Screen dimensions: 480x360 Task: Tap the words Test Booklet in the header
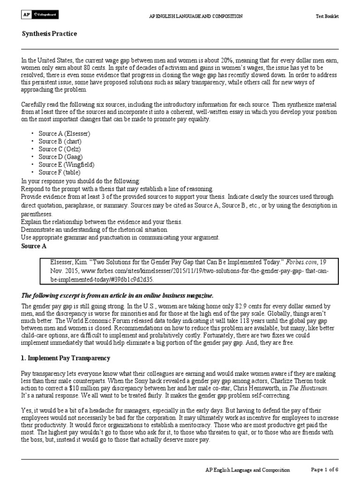coord(327,16)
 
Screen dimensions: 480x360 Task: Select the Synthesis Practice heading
coord(50,34)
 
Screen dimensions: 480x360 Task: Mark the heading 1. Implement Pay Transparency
coord(66,358)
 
